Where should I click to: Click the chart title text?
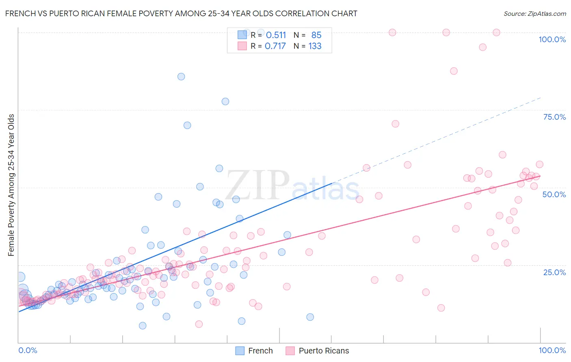click(181, 13)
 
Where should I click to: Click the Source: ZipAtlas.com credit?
click(534, 13)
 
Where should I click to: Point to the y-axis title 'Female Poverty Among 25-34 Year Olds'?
click(11, 185)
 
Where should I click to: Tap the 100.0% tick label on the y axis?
click(552, 39)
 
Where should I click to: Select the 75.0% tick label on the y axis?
click(554, 117)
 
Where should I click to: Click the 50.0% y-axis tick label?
click(554, 194)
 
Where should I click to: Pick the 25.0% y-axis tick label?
click(554, 272)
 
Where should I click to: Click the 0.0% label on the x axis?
click(28, 350)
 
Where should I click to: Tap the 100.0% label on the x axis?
click(552, 350)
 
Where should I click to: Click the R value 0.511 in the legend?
click(276, 35)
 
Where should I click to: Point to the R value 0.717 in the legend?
click(275, 46)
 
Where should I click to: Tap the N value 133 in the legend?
click(315, 46)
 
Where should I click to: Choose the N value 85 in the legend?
click(316, 35)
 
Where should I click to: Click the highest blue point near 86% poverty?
click(181, 77)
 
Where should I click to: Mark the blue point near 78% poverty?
click(225, 101)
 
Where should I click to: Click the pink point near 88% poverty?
click(454, 71)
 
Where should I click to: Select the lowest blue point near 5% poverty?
click(143, 325)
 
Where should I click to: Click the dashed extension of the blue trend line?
click(437, 140)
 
